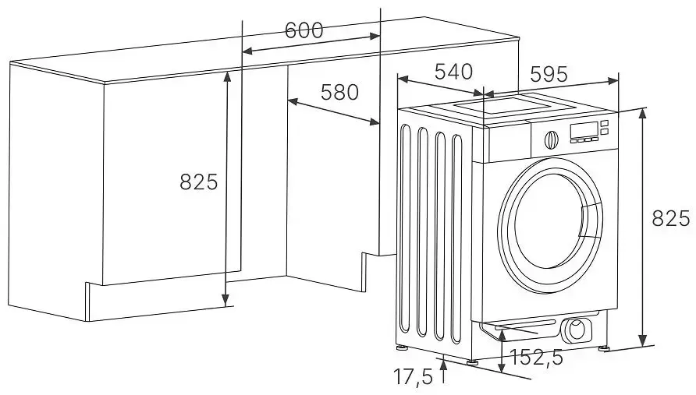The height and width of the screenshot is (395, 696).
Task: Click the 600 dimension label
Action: (x=304, y=30)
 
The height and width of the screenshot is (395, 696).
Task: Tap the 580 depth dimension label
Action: (x=339, y=92)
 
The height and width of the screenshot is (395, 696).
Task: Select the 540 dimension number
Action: (x=453, y=72)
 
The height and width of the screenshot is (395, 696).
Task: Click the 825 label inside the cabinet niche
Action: (x=198, y=183)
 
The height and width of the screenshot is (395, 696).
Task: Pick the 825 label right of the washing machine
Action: (x=671, y=219)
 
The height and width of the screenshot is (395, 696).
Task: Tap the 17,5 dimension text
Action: (x=413, y=377)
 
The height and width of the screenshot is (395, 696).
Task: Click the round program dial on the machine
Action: (x=551, y=140)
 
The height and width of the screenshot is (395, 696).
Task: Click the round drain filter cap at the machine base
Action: (x=577, y=329)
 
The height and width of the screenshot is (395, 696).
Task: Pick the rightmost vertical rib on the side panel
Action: (x=460, y=242)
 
